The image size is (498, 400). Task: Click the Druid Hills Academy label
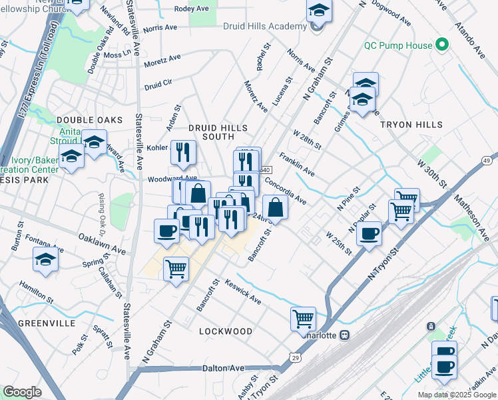(270, 26)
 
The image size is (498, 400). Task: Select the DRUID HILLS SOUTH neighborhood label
(218, 131)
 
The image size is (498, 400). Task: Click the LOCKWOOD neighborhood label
(226, 331)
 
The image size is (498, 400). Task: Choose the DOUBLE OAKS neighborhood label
(90, 119)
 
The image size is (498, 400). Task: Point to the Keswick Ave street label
(243, 291)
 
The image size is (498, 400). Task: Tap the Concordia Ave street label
(285, 190)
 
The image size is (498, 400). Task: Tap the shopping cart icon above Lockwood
(304, 319)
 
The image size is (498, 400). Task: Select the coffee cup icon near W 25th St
(369, 233)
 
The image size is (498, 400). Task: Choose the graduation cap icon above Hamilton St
(45, 260)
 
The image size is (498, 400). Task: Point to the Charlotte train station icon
(345, 335)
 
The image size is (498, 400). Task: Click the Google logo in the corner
(22, 392)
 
